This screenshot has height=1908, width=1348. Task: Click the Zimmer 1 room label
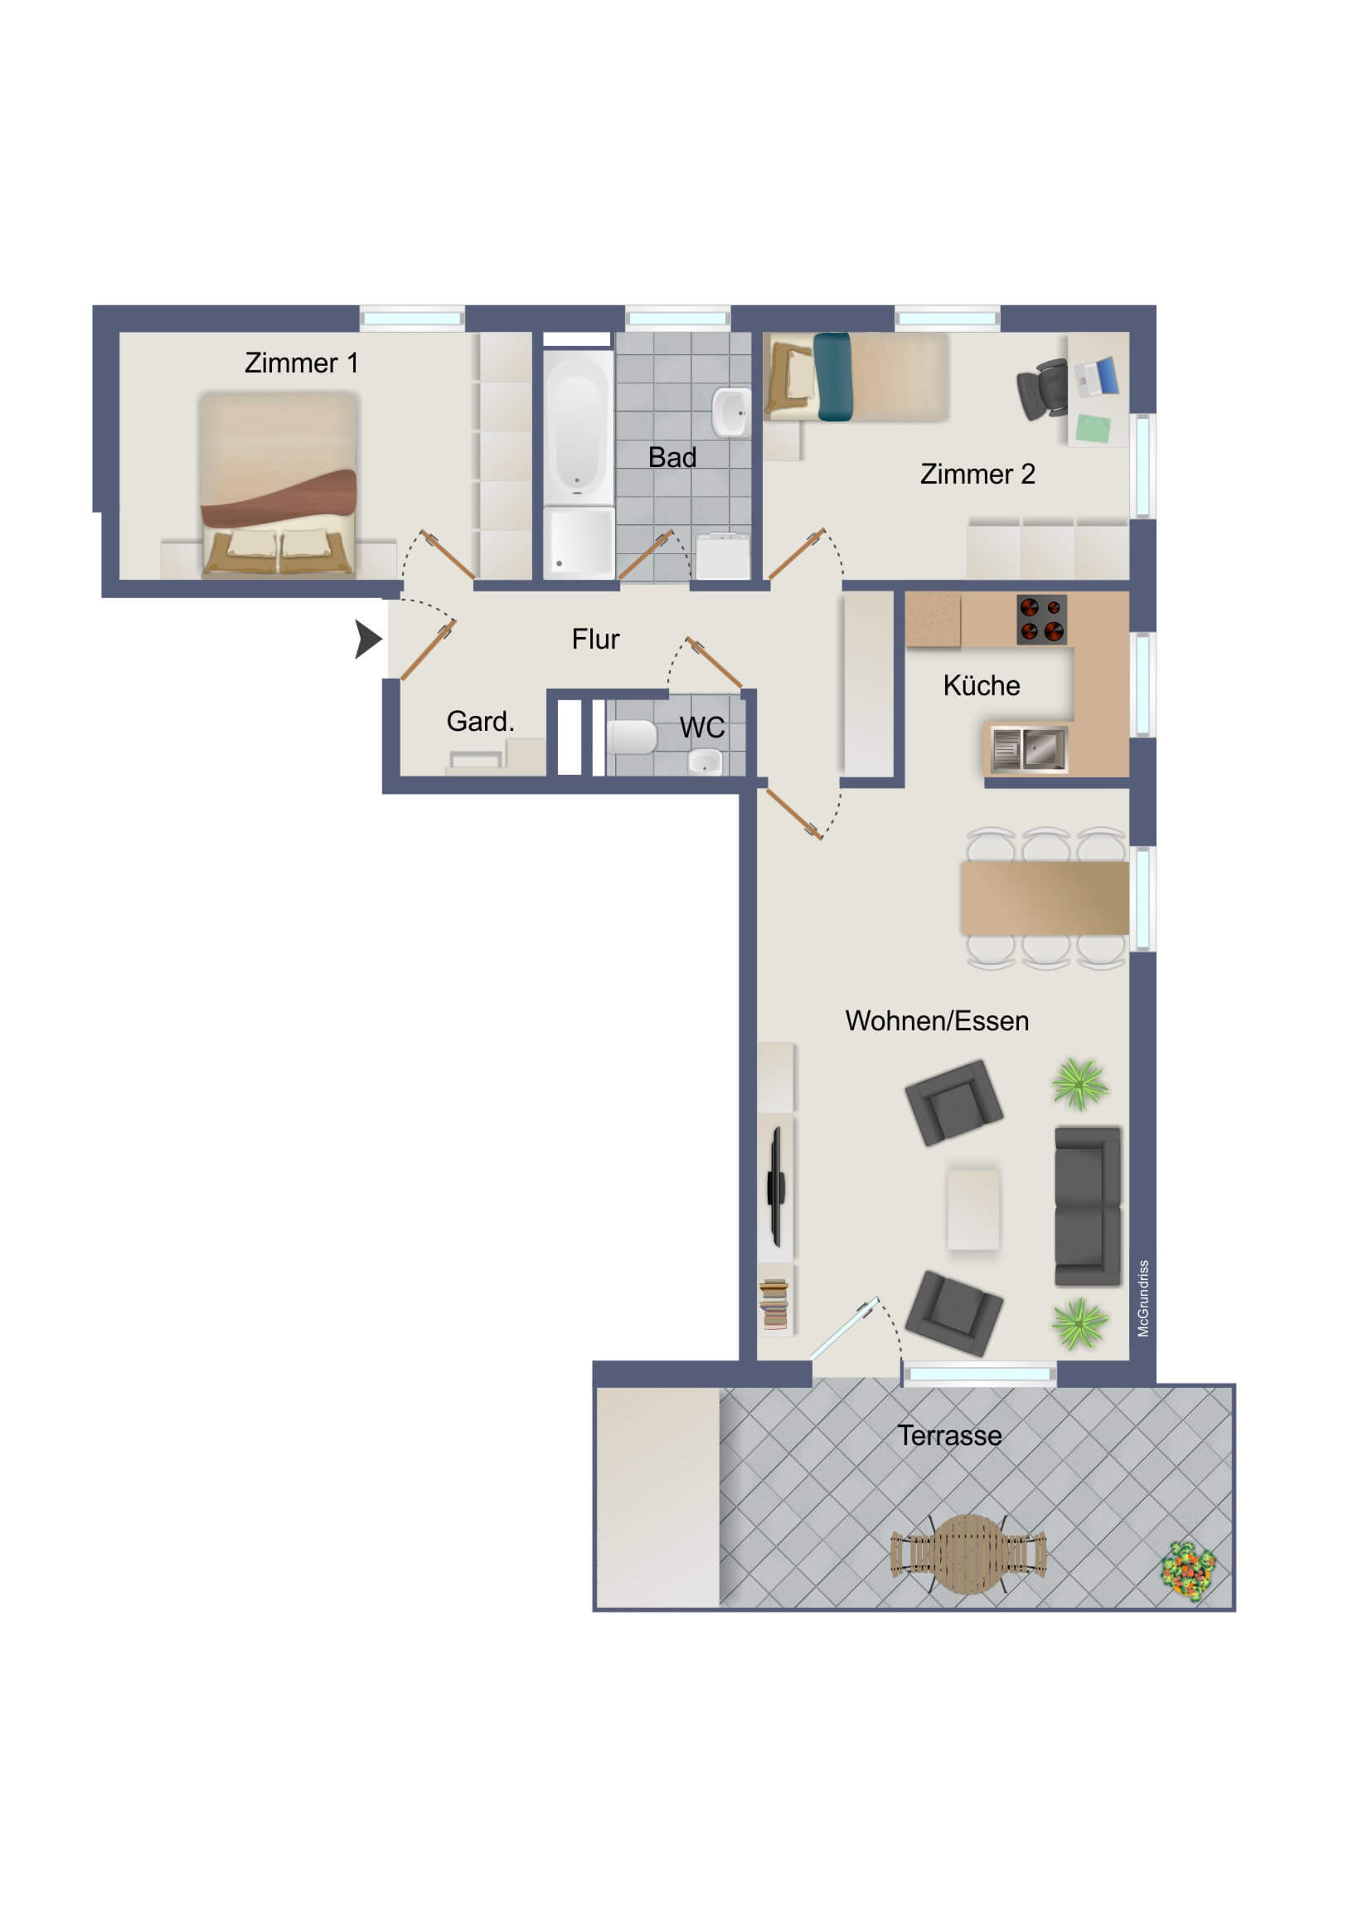click(301, 363)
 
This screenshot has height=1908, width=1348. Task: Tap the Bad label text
click(672, 457)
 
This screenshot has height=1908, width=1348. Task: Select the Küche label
click(981, 685)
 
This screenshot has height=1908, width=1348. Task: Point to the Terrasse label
click(949, 1435)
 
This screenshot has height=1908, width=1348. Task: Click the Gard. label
click(480, 722)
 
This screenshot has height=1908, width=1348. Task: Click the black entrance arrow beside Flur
click(368, 639)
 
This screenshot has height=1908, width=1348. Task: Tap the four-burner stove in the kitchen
click(1041, 620)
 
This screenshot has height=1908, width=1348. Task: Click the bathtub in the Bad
click(578, 427)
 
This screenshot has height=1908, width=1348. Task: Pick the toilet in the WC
click(632, 737)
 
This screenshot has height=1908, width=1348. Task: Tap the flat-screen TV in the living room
click(776, 1186)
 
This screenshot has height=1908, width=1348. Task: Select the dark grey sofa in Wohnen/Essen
click(1087, 1206)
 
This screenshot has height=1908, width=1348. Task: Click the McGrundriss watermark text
click(1143, 1298)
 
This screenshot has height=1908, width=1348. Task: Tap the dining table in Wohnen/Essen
click(1045, 898)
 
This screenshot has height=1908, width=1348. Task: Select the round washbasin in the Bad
click(731, 412)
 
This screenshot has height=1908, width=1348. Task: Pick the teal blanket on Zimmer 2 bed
click(832, 377)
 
